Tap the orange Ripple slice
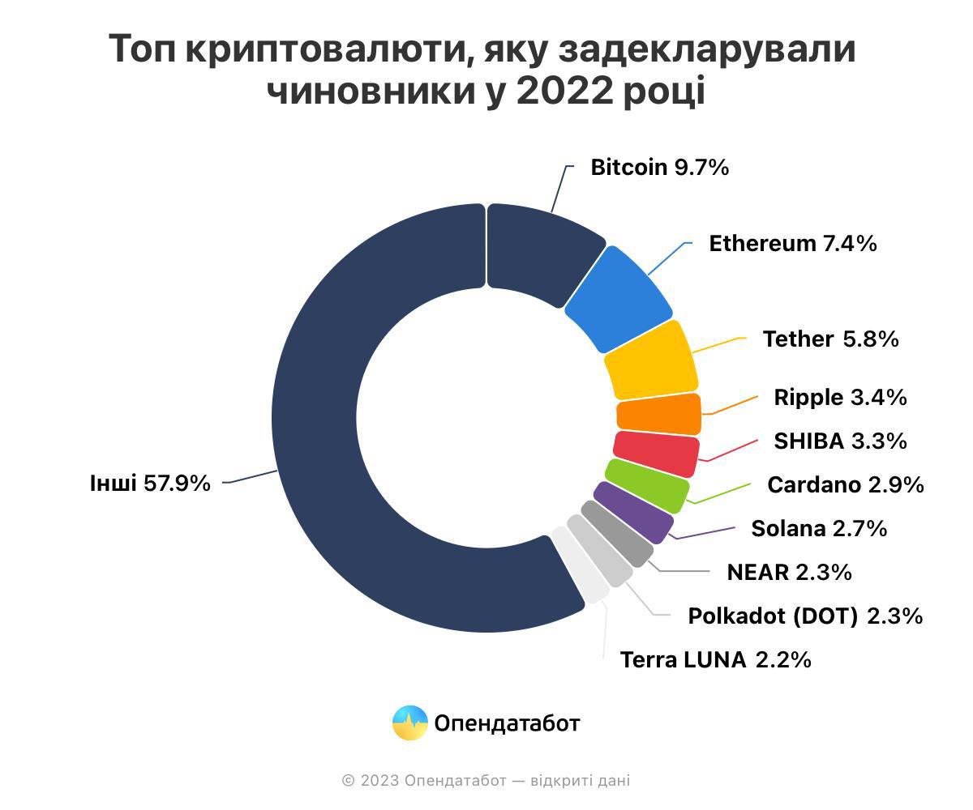659,414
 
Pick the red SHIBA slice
656,454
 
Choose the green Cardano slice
647,485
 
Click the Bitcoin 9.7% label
659,167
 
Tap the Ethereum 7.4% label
793,244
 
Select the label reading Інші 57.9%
150,484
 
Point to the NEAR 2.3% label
790,572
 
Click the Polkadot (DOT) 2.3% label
805,616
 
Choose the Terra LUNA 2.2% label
716,659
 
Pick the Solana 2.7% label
819,528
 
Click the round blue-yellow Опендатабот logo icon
410,723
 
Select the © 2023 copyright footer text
486,781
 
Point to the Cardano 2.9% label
846,484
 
